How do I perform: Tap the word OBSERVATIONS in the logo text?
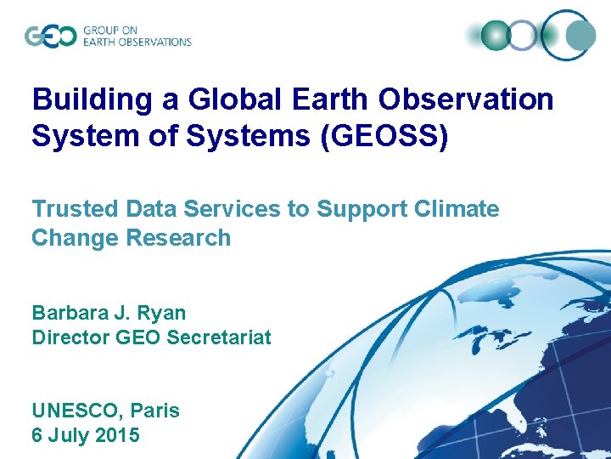[153, 42]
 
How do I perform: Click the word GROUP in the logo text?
[100, 30]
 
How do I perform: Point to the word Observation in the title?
[466, 100]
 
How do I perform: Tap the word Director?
[70, 337]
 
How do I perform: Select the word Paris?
[154, 411]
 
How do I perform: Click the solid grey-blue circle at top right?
[580, 35]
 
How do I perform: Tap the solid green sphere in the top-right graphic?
[495, 35]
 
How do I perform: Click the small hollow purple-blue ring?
[523, 35]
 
